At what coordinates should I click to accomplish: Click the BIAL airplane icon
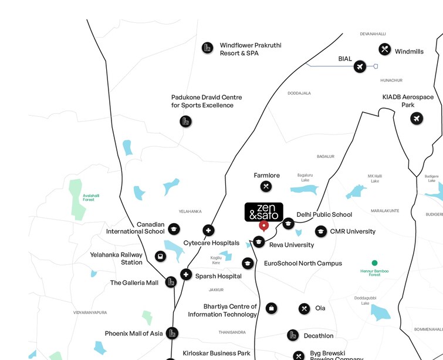(360, 67)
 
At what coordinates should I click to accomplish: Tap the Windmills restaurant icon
(384, 49)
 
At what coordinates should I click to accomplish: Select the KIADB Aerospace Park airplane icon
(417, 119)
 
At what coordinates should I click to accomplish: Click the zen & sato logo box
(263, 212)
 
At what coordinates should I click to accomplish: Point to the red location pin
(263, 226)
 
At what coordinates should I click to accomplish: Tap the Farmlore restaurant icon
(266, 187)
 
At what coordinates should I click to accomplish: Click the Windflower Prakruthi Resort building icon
(207, 48)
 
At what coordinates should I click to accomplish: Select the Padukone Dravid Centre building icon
(185, 122)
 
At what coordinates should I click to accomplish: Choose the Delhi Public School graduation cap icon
(288, 223)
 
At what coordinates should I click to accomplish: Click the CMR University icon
(320, 231)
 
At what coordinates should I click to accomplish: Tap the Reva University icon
(258, 241)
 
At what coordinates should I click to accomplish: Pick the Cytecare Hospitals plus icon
(208, 230)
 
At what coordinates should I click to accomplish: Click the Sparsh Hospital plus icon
(186, 274)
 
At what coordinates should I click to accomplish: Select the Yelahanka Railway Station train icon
(160, 257)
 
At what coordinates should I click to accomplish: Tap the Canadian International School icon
(174, 229)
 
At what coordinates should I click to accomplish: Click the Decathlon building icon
(293, 335)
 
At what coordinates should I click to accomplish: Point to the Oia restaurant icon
(304, 308)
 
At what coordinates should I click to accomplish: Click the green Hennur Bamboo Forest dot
(374, 263)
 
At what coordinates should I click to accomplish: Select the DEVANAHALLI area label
(373, 34)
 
